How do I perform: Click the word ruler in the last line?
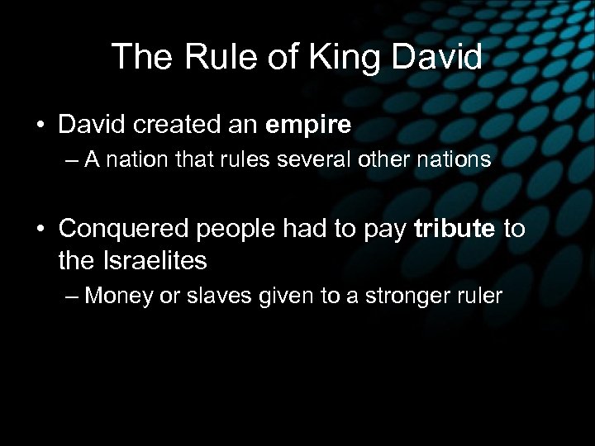(x=478, y=296)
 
